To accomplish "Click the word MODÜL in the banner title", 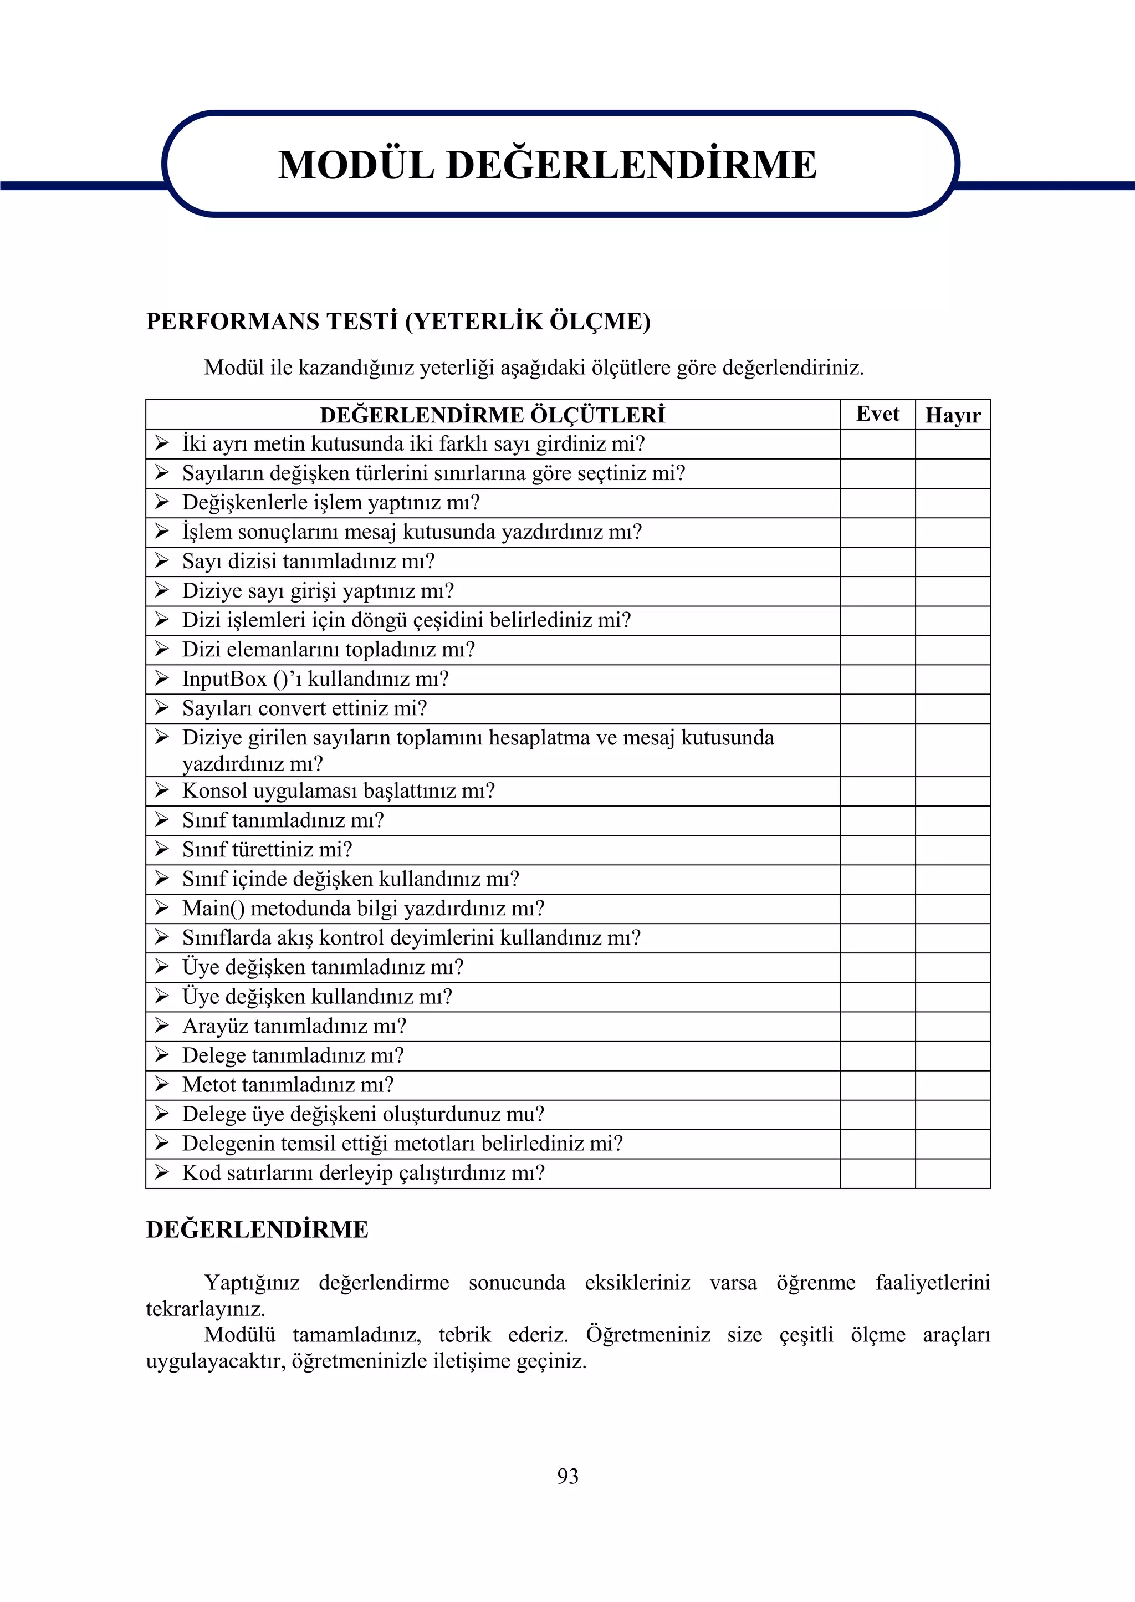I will (x=356, y=166).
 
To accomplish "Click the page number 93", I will (x=567, y=1476).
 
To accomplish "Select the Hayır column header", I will (x=953, y=415).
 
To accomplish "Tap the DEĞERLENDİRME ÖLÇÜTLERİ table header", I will (x=492, y=415).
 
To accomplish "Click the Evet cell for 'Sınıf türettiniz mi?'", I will (x=877, y=850).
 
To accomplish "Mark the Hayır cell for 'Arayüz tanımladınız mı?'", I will (x=953, y=1026).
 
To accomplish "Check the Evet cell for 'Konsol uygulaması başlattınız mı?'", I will (x=877, y=791).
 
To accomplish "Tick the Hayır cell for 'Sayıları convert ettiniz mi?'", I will (x=953, y=709).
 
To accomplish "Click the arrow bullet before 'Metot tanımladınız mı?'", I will (x=162, y=1084).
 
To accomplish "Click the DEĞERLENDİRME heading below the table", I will (x=257, y=1229).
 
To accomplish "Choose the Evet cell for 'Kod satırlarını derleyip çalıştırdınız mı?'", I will (x=877, y=1173).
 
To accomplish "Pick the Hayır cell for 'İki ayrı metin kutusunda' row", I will (x=953, y=445).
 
